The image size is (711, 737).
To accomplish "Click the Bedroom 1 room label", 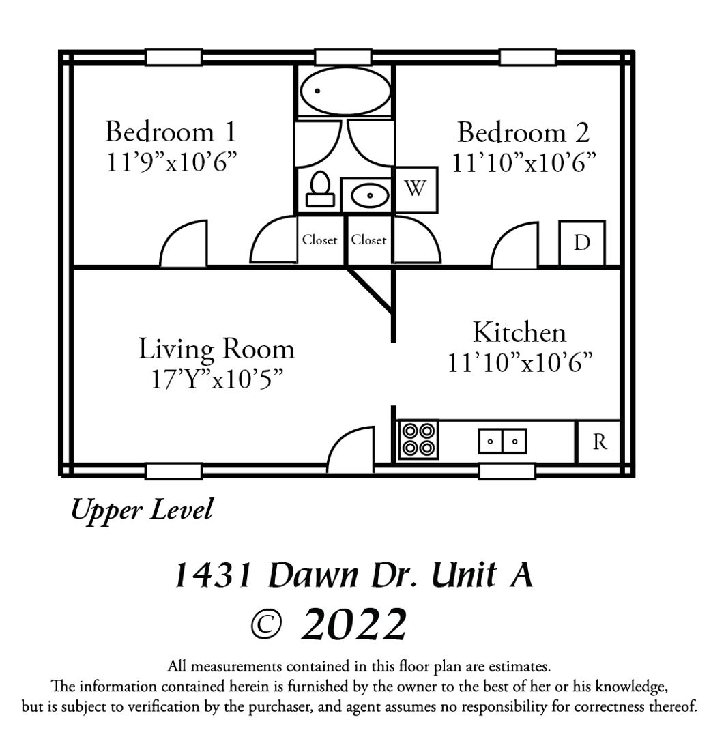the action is click(170, 132).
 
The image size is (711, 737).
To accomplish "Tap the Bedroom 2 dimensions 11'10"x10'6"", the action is click(523, 162).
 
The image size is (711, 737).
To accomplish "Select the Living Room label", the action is click(216, 349).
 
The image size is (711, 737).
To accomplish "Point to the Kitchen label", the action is click(519, 332).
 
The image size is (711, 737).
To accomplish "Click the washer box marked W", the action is click(416, 190).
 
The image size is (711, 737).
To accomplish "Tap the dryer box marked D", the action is click(582, 243).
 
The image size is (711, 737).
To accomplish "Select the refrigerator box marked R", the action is click(598, 442).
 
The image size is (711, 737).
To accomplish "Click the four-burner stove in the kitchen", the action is click(418, 439).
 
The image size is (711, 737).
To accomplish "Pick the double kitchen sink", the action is click(502, 441).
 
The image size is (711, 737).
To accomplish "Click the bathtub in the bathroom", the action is click(345, 91).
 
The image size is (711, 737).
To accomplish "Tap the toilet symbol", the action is click(320, 189).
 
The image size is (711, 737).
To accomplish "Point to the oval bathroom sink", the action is click(370, 195).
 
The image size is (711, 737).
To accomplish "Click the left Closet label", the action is click(319, 240).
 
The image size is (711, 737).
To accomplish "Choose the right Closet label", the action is click(368, 240).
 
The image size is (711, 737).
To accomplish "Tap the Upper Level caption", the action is click(142, 510).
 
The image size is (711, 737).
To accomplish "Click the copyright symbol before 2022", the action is click(266, 624).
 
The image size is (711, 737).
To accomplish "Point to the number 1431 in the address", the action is click(214, 575).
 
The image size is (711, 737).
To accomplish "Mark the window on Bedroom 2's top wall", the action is click(527, 58).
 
